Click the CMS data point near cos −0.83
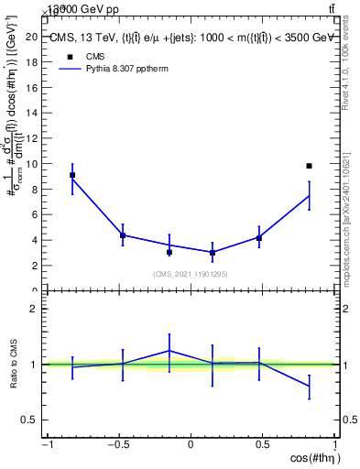tap(72, 175)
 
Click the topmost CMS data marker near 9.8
tap(309, 166)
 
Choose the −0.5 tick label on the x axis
tap(117, 445)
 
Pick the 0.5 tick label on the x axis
tap(264, 445)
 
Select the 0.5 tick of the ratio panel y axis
tap(34, 420)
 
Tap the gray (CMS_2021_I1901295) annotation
tap(191, 274)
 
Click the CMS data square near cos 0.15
tap(213, 252)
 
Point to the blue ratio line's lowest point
tap(309, 387)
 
